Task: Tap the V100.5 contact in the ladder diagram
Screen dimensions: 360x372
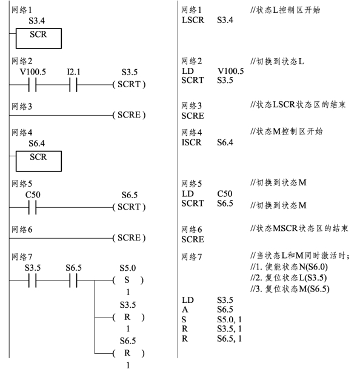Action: coord(33,85)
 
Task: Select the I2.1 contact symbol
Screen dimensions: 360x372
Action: coord(73,85)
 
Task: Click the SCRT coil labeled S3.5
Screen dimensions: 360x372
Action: coord(129,84)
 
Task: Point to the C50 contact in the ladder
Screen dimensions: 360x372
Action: coord(33,207)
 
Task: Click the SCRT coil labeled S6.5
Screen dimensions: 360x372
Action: coord(129,207)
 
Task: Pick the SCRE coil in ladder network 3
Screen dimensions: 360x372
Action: coord(129,115)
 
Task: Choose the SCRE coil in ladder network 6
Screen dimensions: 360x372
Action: coord(129,238)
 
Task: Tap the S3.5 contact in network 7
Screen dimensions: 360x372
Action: coord(33,281)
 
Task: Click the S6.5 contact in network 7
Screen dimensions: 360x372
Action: coord(73,281)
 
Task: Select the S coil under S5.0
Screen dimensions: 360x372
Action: coord(128,280)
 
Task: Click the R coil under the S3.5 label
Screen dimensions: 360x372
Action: coord(128,317)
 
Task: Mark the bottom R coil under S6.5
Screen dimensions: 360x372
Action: coord(128,353)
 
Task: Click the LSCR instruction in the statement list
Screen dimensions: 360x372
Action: coord(193,20)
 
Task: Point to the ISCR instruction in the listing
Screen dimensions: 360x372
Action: coord(192,142)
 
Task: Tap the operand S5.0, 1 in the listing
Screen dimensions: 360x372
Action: coord(229,319)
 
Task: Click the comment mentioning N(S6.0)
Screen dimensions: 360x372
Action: coord(289,267)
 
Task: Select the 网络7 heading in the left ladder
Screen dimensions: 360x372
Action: coord(22,257)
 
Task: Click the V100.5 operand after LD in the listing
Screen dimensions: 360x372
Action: coord(231,71)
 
